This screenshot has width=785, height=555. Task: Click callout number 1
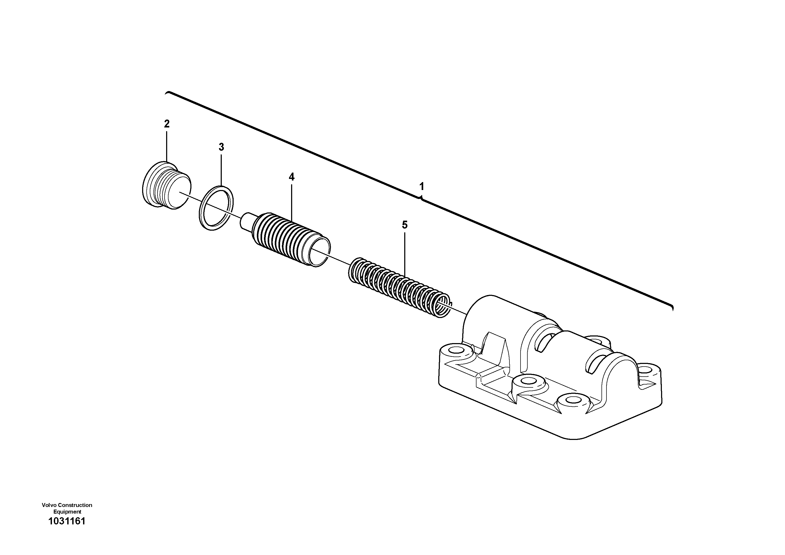pyautogui.click(x=422, y=187)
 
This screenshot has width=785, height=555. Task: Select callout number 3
pyautogui.click(x=221, y=147)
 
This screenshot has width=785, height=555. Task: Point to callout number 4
pyautogui.click(x=291, y=177)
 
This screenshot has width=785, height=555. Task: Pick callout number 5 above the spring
pyautogui.click(x=404, y=225)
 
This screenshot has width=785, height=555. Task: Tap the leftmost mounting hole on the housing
pyautogui.click(x=455, y=350)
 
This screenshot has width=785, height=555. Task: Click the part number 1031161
pyautogui.click(x=67, y=521)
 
